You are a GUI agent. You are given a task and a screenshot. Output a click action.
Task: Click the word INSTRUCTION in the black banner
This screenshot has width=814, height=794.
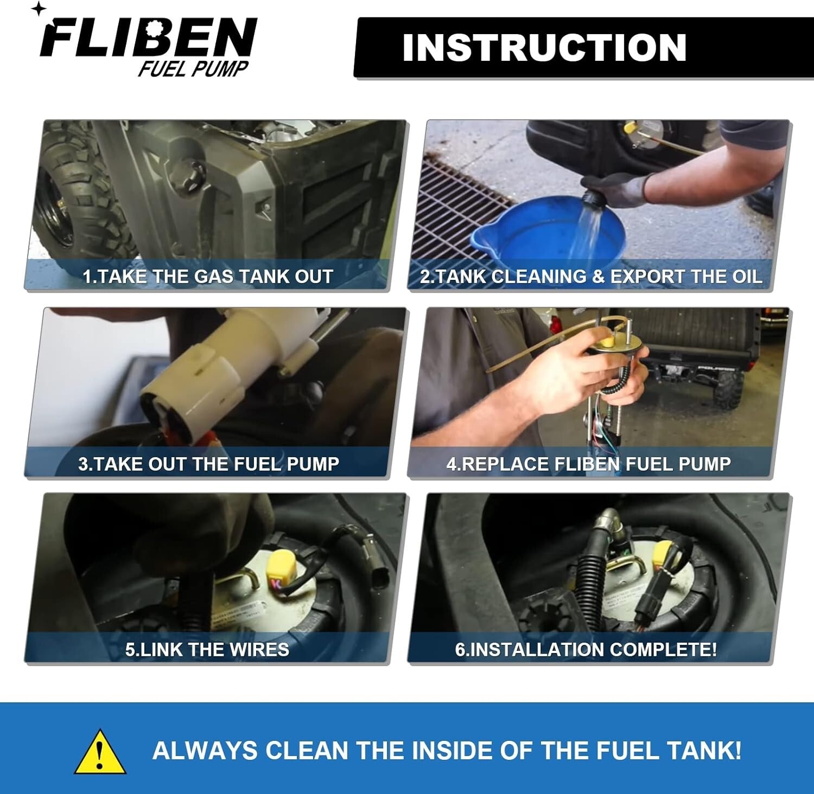(x=544, y=48)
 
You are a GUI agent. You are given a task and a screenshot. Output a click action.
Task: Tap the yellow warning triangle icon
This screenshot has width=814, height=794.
(x=100, y=751)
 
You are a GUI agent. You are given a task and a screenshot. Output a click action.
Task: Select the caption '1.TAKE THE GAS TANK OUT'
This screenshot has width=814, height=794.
(x=208, y=277)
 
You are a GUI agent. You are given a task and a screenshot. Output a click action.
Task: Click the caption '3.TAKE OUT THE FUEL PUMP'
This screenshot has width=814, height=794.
(x=208, y=464)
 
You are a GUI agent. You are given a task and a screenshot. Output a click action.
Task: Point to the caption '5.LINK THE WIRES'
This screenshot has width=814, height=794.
(x=207, y=650)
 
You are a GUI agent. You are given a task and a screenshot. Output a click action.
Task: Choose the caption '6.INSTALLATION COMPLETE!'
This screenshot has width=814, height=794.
(x=586, y=650)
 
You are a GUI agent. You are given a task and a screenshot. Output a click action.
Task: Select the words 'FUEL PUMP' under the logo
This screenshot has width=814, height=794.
(x=193, y=69)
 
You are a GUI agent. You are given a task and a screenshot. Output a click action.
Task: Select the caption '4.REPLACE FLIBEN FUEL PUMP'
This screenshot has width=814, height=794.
(x=589, y=464)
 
